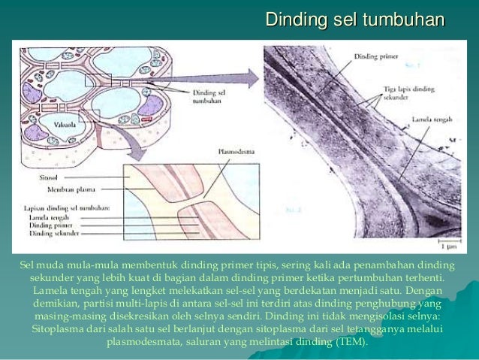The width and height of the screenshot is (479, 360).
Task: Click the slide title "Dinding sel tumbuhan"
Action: tap(355, 19)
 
